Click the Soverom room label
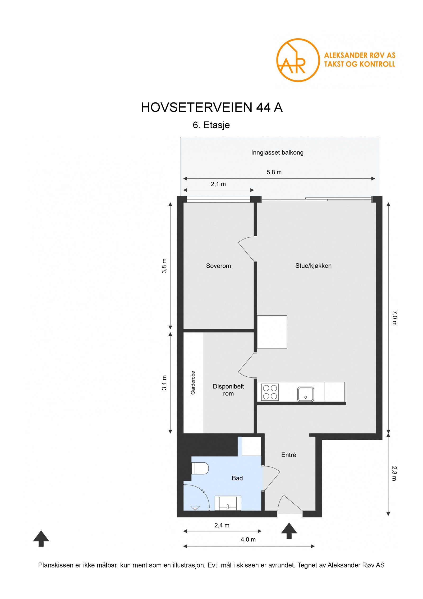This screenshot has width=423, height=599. (218, 266)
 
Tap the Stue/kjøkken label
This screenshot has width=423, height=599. (313, 265)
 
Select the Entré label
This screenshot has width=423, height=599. (288, 455)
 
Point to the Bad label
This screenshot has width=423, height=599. (237, 478)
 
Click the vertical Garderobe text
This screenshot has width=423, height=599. (193, 382)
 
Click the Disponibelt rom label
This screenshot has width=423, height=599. (228, 390)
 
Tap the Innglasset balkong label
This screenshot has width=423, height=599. (277, 152)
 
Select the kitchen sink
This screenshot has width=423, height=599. (305, 394)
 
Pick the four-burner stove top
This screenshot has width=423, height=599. (270, 392)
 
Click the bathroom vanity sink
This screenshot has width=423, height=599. (228, 503)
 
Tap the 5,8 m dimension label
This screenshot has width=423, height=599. (274, 172)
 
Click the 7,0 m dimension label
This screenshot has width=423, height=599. (394, 318)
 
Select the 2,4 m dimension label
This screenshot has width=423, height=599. (222, 525)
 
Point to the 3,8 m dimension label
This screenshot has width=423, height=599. (164, 266)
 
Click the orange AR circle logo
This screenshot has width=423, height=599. (298, 60)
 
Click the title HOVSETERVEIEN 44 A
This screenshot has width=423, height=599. (212, 107)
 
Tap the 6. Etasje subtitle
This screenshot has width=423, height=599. (211, 125)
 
